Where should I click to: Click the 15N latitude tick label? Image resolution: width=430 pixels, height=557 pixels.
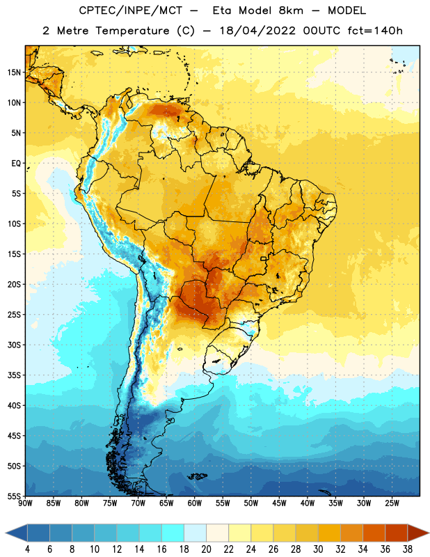tap(14, 72)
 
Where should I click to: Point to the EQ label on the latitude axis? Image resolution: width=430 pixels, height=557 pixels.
tap(16, 164)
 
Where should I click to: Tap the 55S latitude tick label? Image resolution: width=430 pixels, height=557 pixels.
tap(14, 496)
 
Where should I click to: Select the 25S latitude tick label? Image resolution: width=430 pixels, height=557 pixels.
tap(14, 315)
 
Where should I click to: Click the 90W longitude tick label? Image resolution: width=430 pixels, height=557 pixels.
tap(25, 503)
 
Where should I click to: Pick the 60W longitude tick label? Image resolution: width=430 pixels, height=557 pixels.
tap(195, 503)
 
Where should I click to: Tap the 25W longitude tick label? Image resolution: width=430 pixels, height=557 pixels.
tap(392, 503)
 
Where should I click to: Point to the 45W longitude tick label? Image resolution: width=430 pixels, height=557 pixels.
tap(279, 503)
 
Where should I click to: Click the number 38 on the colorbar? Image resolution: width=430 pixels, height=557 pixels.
tap(408, 549)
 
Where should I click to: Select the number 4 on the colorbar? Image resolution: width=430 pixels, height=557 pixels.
tap(27, 549)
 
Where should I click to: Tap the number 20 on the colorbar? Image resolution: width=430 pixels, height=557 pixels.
tap(206, 549)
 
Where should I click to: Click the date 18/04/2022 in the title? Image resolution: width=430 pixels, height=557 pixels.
tap(257, 31)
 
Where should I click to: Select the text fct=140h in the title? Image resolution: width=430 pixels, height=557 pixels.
tap(375, 31)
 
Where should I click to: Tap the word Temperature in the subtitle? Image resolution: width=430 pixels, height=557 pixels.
tap(132, 31)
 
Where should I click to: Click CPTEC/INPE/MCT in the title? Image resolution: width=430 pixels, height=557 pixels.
tap(131, 10)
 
